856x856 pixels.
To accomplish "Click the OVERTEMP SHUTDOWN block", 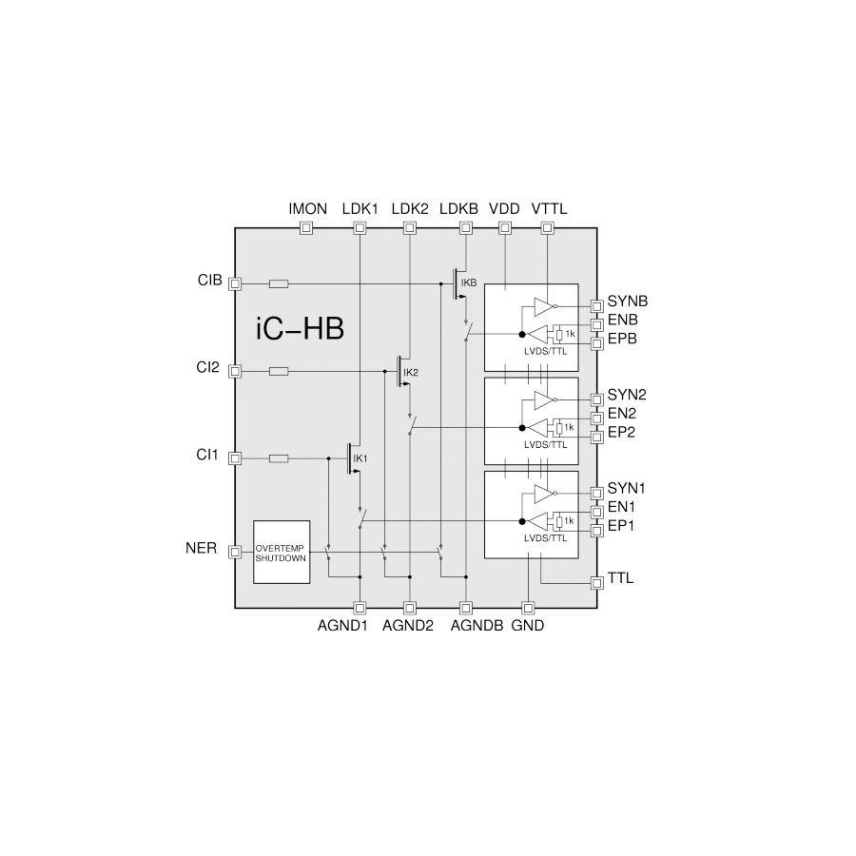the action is (x=282, y=552).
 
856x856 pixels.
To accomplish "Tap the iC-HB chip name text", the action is (x=300, y=329).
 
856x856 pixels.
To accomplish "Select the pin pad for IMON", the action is (x=307, y=227).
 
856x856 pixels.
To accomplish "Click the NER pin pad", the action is (x=235, y=552).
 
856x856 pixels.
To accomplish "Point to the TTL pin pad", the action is (x=597, y=582).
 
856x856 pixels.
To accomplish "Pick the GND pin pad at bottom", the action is (x=528, y=608).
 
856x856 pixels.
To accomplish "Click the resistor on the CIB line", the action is (x=279, y=283).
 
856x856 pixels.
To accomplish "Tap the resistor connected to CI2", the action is (x=279, y=371).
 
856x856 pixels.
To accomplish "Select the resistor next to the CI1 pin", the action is (x=279, y=458).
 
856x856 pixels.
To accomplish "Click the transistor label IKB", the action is (x=469, y=282).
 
